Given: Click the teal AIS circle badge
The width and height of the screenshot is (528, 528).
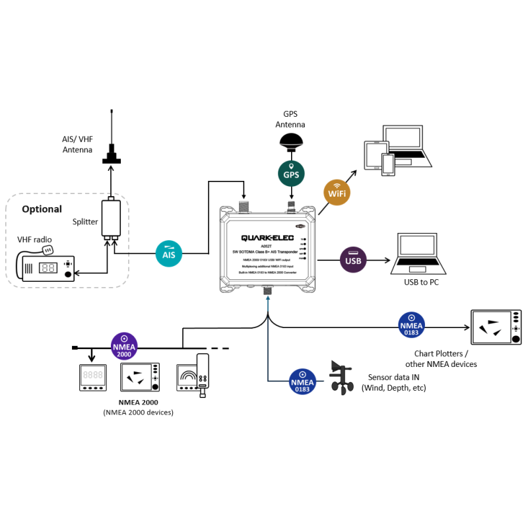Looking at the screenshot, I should (168, 253).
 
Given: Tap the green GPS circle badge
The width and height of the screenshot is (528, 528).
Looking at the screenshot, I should (291, 175).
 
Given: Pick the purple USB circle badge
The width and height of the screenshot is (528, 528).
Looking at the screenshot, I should (353, 260).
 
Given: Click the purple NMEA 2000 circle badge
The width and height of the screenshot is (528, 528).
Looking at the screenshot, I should (124, 346).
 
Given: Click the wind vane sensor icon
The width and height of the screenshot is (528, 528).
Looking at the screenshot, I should (343, 378).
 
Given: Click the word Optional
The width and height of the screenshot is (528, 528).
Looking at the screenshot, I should (42, 209).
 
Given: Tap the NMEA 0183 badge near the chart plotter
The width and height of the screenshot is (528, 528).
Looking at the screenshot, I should (412, 325).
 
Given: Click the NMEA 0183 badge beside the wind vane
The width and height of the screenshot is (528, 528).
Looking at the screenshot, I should (303, 381).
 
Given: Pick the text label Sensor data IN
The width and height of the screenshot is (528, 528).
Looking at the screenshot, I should (388, 377).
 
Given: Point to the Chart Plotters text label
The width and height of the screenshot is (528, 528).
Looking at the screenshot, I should (441, 353).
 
